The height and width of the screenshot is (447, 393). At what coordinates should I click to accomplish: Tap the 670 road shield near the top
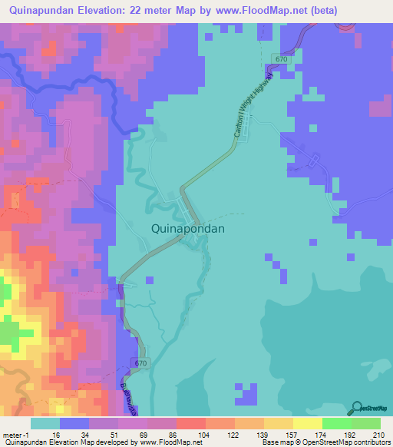282,59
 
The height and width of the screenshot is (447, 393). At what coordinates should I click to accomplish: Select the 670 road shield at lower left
138,363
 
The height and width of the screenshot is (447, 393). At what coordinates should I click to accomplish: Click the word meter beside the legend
13,435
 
